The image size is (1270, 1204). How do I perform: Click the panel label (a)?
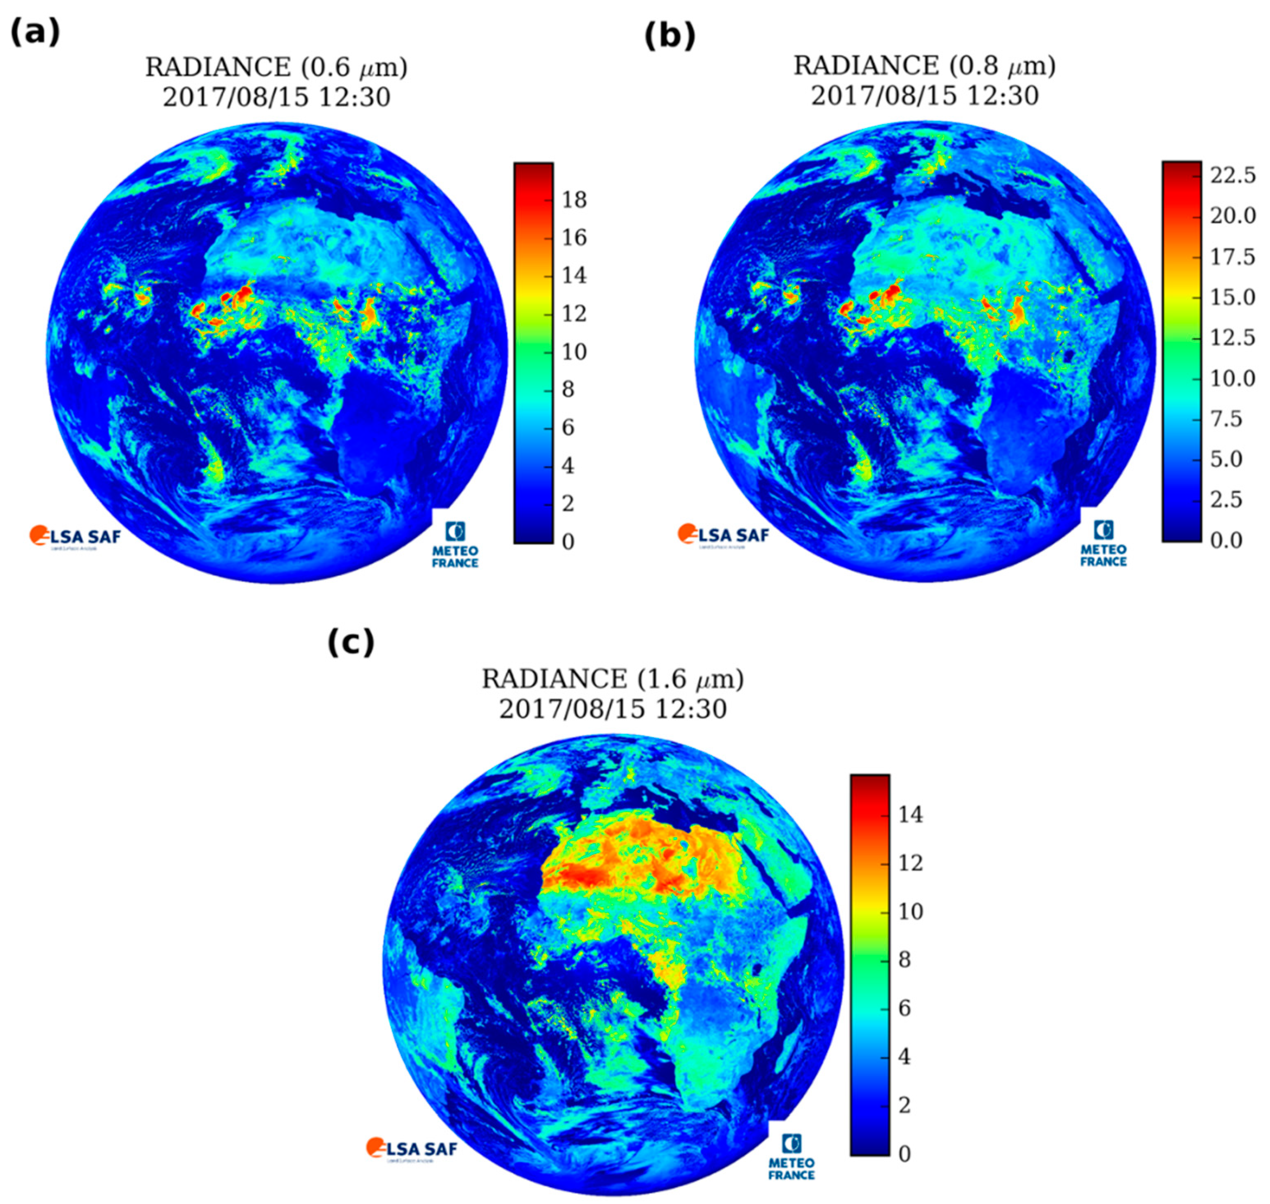coord(35,32)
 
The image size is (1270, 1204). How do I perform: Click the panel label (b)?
coord(670,36)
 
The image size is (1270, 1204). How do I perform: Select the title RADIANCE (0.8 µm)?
coord(924,65)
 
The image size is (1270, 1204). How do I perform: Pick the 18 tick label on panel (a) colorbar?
coord(574,200)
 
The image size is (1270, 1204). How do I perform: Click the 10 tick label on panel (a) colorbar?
coord(574,352)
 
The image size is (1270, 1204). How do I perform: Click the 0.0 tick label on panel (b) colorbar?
coord(1226,540)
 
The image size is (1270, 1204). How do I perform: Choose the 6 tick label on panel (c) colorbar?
coord(904,1008)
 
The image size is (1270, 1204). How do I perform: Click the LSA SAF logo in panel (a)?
coord(75,536)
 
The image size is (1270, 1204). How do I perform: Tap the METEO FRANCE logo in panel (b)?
coord(1103,544)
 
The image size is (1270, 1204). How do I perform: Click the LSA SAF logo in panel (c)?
coord(412,1148)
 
